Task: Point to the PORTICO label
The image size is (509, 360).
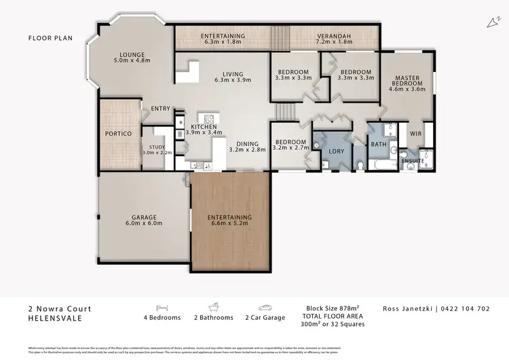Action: tap(119, 133)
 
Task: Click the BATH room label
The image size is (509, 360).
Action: tap(377, 143)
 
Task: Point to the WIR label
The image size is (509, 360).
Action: tap(415, 134)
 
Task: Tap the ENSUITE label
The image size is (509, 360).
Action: tap(413, 160)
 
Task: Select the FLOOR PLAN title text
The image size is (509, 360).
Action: tap(50, 38)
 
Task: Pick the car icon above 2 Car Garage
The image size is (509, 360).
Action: tap(266, 307)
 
